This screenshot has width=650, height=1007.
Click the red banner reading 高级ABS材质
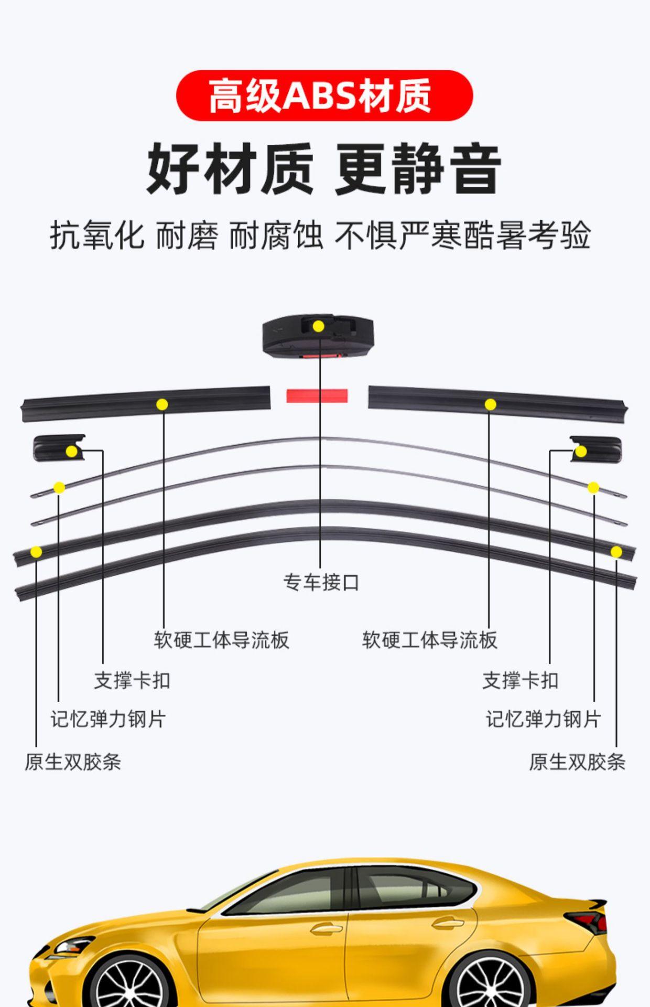coord(324,95)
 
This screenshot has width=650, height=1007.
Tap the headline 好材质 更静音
coord(324,169)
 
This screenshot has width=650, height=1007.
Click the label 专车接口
coord(321,582)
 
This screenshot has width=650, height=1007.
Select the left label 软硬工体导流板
coord(221,640)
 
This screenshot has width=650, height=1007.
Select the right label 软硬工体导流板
coord(429,640)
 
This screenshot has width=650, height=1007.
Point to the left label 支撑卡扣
coord(132,680)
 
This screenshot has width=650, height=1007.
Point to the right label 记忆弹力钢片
coord(543,719)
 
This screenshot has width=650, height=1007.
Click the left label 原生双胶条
coord(73,762)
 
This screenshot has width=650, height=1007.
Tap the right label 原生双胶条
coord(577,762)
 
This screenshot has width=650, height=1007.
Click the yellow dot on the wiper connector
coord(318,326)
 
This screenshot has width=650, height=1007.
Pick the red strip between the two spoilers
coord(317,395)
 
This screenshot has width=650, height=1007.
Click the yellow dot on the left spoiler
coord(162,404)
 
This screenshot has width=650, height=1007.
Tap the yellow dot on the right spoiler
coord(490,404)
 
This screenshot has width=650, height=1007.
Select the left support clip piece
coord(58,447)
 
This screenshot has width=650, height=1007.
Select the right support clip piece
coord(596,448)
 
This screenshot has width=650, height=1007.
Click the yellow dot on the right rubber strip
coord(616,552)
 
